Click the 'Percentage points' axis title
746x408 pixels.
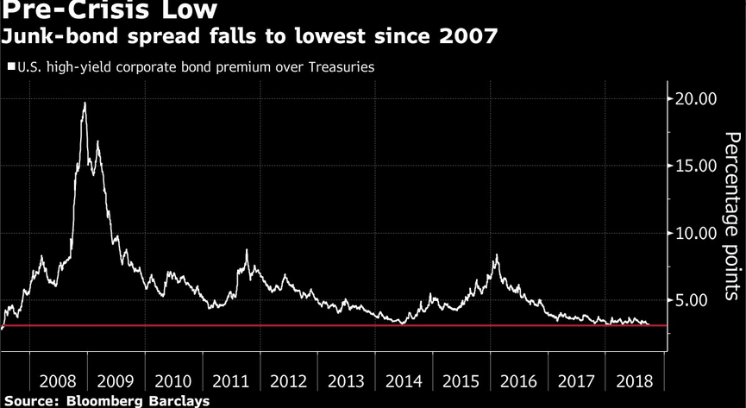click(x=731, y=217)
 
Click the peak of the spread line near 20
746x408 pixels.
click(x=84, y=103)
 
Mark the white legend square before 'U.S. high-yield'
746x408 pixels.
click(x=10, y=66)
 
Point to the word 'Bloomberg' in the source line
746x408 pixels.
click(x=105, y=401)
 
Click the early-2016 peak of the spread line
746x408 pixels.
click(x=497, y=255)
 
